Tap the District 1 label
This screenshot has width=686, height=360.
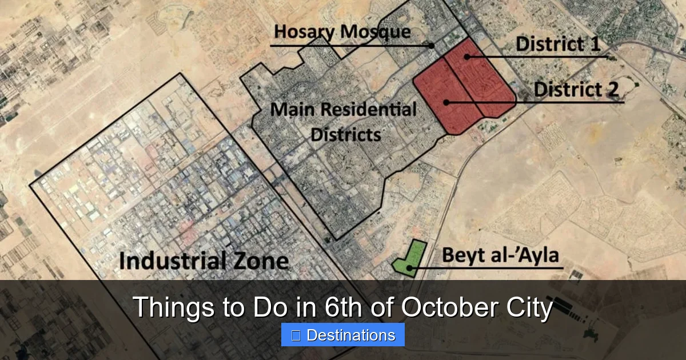coord(557,43)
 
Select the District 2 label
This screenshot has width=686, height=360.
coord(576,89)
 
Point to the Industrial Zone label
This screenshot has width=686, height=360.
coord(204,261)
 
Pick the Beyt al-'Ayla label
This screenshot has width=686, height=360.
coord(500,255)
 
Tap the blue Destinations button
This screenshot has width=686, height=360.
coord(343,335)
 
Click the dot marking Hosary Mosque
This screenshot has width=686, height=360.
coord(432,45)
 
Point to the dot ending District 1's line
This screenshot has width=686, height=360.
coord(467,57)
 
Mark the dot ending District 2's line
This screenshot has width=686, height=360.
coord(445,102)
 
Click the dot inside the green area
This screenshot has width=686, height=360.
coord(409,267)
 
